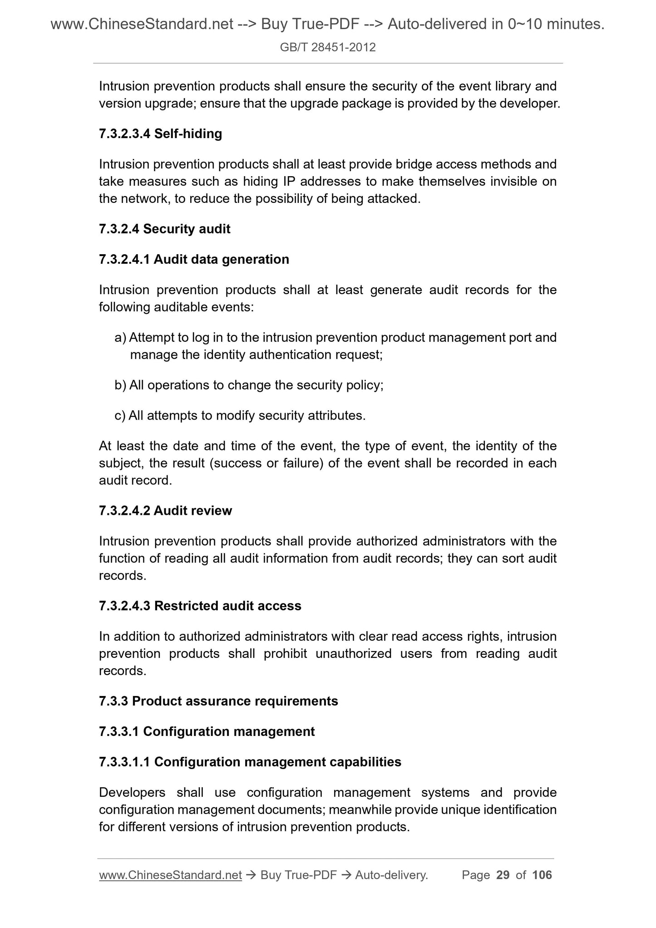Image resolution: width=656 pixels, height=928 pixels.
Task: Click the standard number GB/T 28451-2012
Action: pos(328,47)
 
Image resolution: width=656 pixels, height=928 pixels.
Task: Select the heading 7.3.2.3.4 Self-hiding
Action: pos(160,133)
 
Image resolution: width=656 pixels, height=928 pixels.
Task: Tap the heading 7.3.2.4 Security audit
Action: pos(164,229)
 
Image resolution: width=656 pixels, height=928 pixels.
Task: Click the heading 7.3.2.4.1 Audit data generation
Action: pos(194,259)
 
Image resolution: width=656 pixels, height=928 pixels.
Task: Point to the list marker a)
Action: pos(120,337)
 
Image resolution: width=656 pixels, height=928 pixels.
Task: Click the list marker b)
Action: pos(120,385)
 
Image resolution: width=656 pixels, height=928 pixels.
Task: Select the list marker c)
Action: pos(120,415)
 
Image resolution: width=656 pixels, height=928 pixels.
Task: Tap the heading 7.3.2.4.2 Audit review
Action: pos(165,511)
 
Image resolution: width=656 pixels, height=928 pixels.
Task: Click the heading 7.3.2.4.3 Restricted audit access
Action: pos(200,606)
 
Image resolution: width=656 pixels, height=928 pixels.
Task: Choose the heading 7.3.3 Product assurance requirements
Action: pos(218,701)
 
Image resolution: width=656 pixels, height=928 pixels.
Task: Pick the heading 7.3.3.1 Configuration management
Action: pos(207,731)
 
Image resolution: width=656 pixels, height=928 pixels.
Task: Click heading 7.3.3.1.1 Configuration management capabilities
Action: pos(250,762)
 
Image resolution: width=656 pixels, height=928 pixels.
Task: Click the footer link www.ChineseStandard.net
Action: pos(170,875)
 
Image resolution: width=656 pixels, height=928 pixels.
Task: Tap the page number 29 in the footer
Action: pos(503,875)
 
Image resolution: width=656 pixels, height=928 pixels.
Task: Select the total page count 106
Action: pos(542,875)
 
